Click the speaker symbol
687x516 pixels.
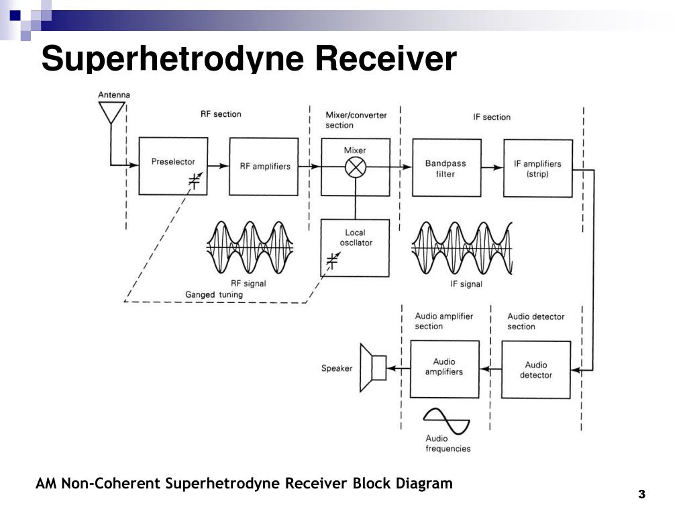[x=373, y=368]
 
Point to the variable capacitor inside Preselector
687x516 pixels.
[x=195, y=180]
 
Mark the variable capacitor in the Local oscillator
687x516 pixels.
[x=333, y=260]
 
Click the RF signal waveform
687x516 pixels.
[x=250, y=248]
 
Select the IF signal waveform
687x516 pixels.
[x=462, y=248]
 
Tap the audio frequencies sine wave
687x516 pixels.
[x=446, y=421]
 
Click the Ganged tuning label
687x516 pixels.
[x=214, y=294]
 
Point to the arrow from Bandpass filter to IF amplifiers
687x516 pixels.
[x=492, y=167]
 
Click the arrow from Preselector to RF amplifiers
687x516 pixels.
[x=218, y=166]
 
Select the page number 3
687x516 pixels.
[x=642, y=494]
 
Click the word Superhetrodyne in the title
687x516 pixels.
[x=172, y=58]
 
